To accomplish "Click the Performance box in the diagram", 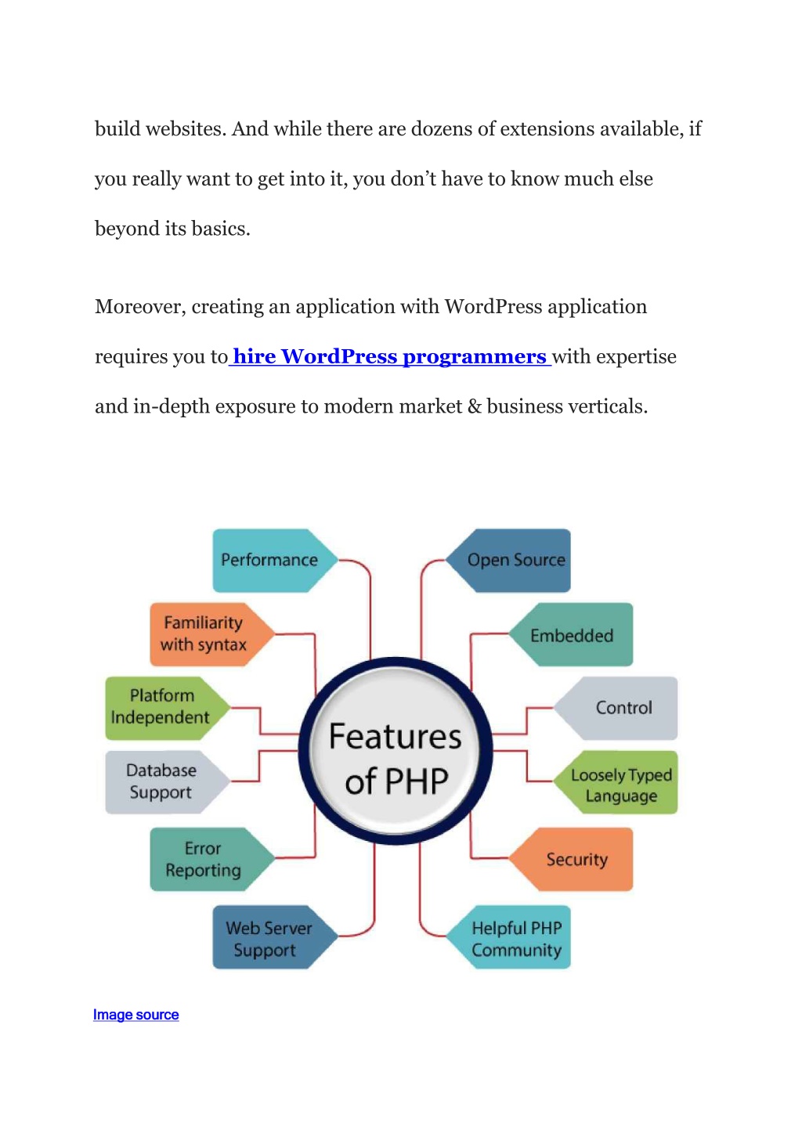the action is (x=275, y=561).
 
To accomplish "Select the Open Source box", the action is (x=508, y=561).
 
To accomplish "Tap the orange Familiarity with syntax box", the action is (x=212, y=634).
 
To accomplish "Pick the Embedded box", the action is (x=571, y=634).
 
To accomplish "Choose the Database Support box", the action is (x=168, y=782).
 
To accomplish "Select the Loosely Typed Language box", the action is (x=616, y=782).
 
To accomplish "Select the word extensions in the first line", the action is (x=547, y=129).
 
